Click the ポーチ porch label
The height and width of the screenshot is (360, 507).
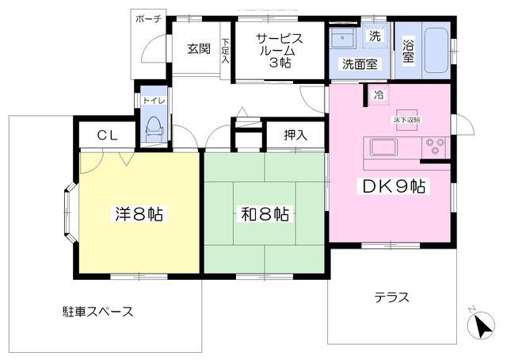(148, 19)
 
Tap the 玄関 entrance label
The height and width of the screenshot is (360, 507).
(199, 49)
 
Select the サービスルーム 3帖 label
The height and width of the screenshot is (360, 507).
(280, 50)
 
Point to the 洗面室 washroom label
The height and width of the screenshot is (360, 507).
(360, 64)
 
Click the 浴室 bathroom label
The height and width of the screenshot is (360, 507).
(409, 51)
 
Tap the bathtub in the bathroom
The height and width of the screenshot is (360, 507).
(436, 51)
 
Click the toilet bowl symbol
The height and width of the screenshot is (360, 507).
(154, 128)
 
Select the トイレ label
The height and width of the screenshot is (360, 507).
(154, 101)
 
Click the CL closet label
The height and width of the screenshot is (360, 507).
(108, 136)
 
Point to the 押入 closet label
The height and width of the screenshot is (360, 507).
(295, 135)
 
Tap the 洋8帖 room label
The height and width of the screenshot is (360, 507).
(139, 213)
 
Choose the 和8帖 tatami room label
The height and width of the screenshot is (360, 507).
(265, 213)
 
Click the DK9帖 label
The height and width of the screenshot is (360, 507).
(394, 186)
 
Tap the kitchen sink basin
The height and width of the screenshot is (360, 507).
(383, 147)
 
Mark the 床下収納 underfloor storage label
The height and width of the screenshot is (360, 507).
(406, 120)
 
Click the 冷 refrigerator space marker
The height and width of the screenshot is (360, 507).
(379, 95)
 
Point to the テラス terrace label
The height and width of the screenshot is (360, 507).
(392, 297)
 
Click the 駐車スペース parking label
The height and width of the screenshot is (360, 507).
(97, 312)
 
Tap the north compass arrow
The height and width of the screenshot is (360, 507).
(483, 326)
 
